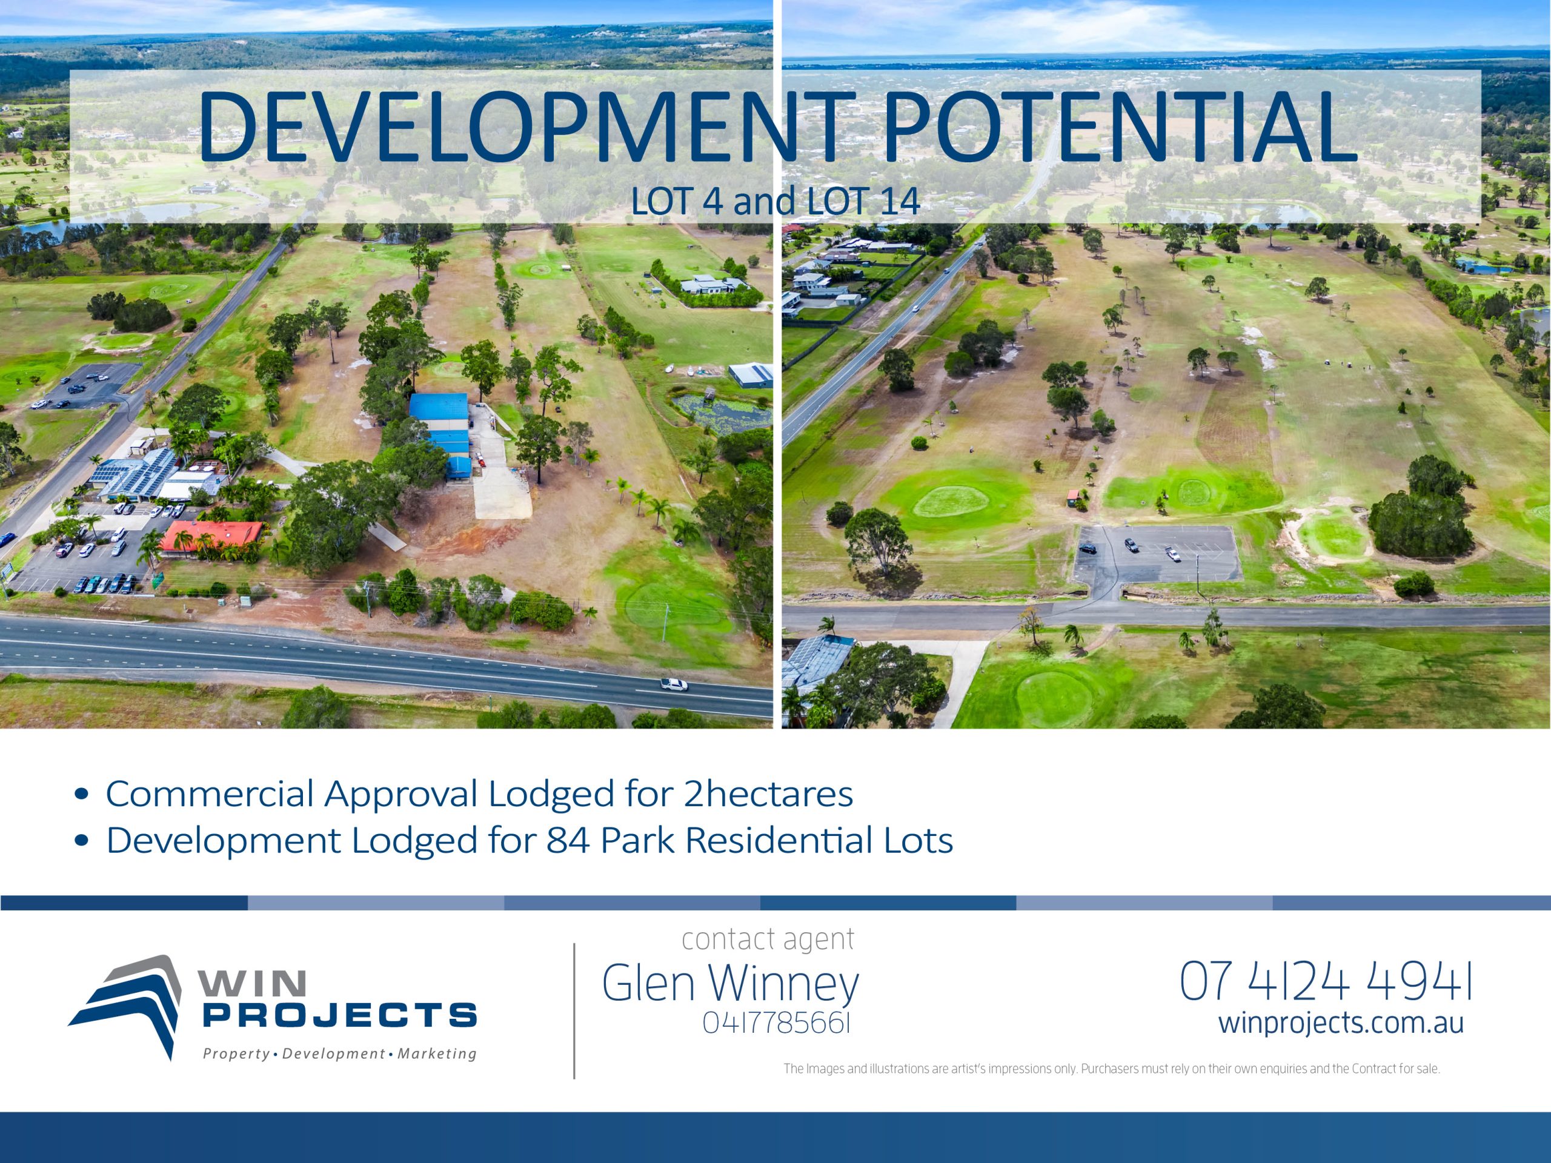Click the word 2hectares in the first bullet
pos(768,794)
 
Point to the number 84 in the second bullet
pos(568,841)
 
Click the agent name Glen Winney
pos(730,983)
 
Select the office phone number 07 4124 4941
pos(1325,981)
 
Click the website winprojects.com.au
pos(1341,1023)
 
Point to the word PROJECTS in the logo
pos(340,1015)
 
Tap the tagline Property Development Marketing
pos(340,1053)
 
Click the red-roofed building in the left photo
pos(210,536)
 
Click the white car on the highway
pos(673,684)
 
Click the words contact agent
pos(768,939)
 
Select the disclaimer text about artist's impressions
pos(1111,1069)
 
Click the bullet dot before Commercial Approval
pos(82,795)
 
